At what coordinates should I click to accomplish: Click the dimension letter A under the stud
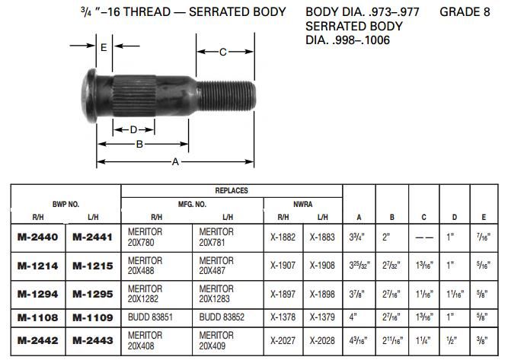[176, 161]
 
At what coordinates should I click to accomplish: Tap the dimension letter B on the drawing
[139, 144]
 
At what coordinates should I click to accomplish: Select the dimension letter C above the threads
[222, 52]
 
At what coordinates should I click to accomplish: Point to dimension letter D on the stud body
[133, 129]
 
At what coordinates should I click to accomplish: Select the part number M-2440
[38, 237]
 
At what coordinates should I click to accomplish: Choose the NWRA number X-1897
[283, 293]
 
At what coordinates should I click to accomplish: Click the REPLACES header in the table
[232, 191]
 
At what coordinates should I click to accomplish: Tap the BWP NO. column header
[65, 204]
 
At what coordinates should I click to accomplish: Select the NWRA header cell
[303, 204]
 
